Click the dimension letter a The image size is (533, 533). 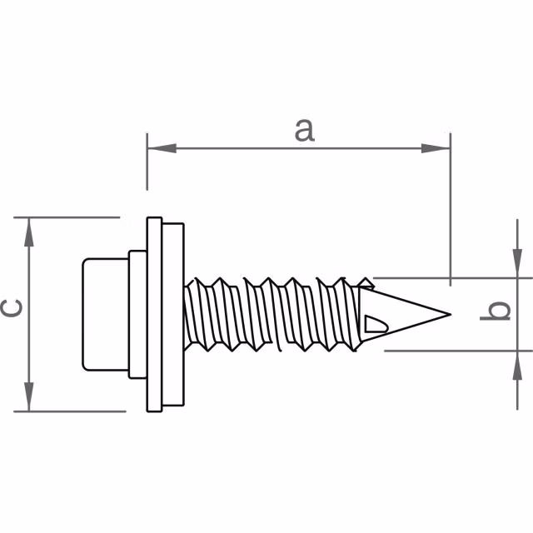coord(305,130)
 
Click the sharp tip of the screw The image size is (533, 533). coord(449,315)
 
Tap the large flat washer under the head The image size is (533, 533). coord(155,315)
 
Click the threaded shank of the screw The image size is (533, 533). coord(266,312)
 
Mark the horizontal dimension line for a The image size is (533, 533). coord(250,149)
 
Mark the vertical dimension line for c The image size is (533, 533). coord(30,350)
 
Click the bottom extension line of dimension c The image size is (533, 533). coord(75,411)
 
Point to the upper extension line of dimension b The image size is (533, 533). coord(450,277)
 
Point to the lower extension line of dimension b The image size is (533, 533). coord(450,351)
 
